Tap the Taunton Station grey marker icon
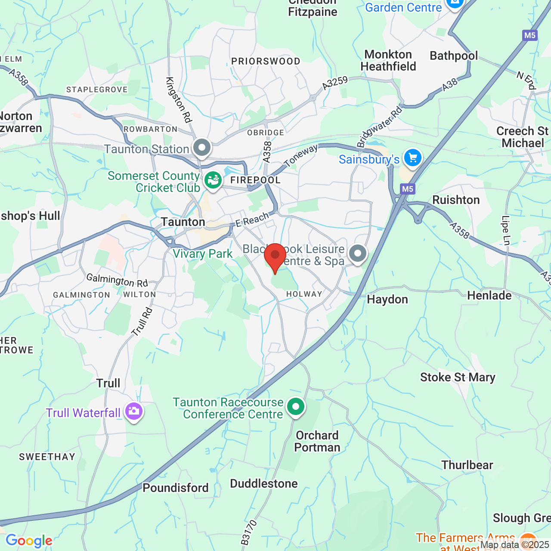[x=201, y=148]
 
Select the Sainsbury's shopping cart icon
[x=412, y=158]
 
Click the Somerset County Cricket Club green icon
[x=213, y=180]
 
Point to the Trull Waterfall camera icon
[x=134, y=411]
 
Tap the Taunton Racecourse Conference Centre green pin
[x=296, y=406]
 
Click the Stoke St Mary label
[x=458, y=378]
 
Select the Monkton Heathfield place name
[x=388, y=60]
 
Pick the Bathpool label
[x=454, y=56]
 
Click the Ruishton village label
[x=456, y=200]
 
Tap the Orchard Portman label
[x=317, y=441]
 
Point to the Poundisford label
[x=176, y=488]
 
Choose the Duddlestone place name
[x=264, y=484]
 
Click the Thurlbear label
[x=467, y=465]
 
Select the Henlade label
[x=489, y=296]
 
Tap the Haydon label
[x=387, y=300]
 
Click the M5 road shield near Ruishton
[x=407, y=189]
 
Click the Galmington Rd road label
[x=117, y=280]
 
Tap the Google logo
[x=29, y=541]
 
